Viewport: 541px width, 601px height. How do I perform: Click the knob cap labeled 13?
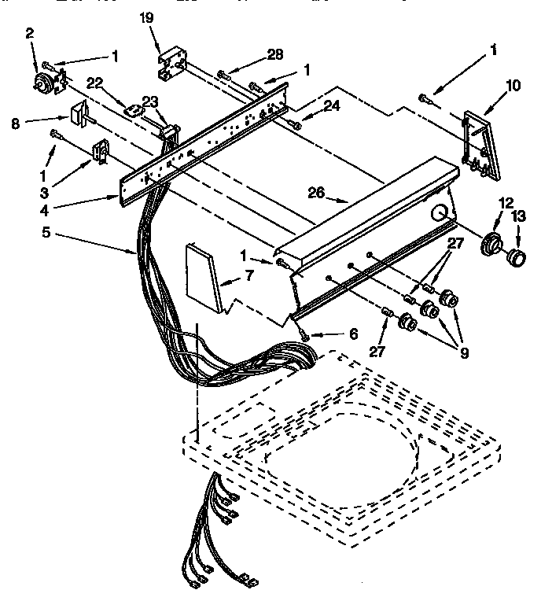point(516,256)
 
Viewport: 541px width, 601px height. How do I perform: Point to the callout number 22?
point(94,83)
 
